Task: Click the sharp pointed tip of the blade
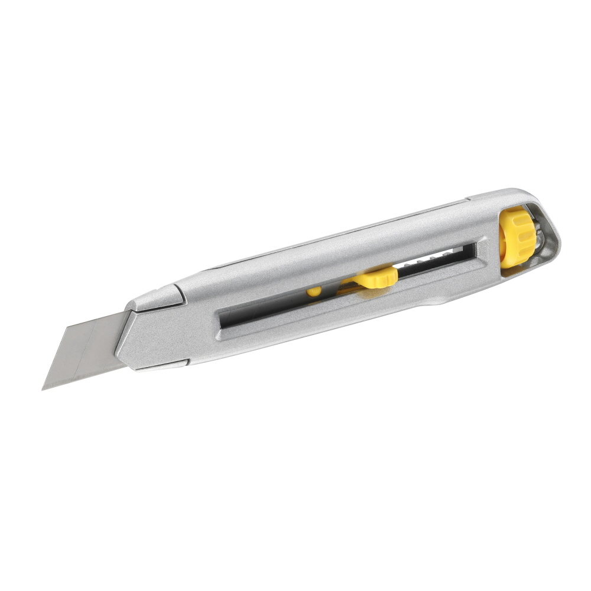click(x=43, y=389)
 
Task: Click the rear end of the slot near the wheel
click(x=473, y=249)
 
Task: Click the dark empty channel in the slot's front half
click(x=266, y=310)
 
